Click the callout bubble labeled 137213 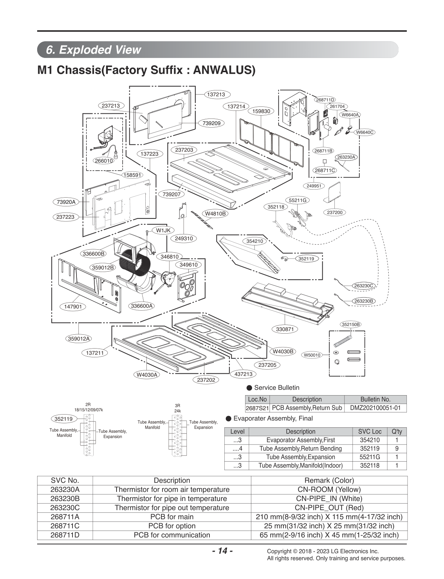pos(217,94)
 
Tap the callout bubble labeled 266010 pos(104,161)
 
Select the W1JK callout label pos(163,230)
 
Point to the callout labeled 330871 pos(284,329)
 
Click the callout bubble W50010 pos(312,355)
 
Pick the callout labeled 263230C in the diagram pos(364,285)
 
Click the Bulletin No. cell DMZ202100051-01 pos(375,408)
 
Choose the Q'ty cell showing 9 pos(397,448)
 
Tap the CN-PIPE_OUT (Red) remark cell pos(329,508)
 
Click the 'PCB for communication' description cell pos(172,535)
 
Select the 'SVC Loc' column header pos(370,431)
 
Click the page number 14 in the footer pos(223,551)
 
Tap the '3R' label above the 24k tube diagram pos(177,406)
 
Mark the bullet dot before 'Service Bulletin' pos(249,388)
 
